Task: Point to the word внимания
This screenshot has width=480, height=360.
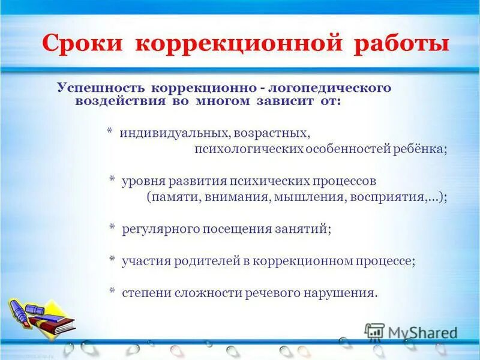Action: tap(243, 197)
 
